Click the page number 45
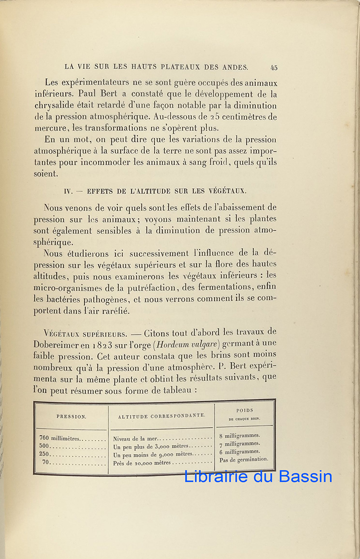(x=274, y=68)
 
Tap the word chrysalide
(x=55, y=106)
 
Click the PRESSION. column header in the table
(x=71, y=417)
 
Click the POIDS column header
(x=244, y=410)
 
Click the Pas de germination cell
(x=244, y=459)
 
